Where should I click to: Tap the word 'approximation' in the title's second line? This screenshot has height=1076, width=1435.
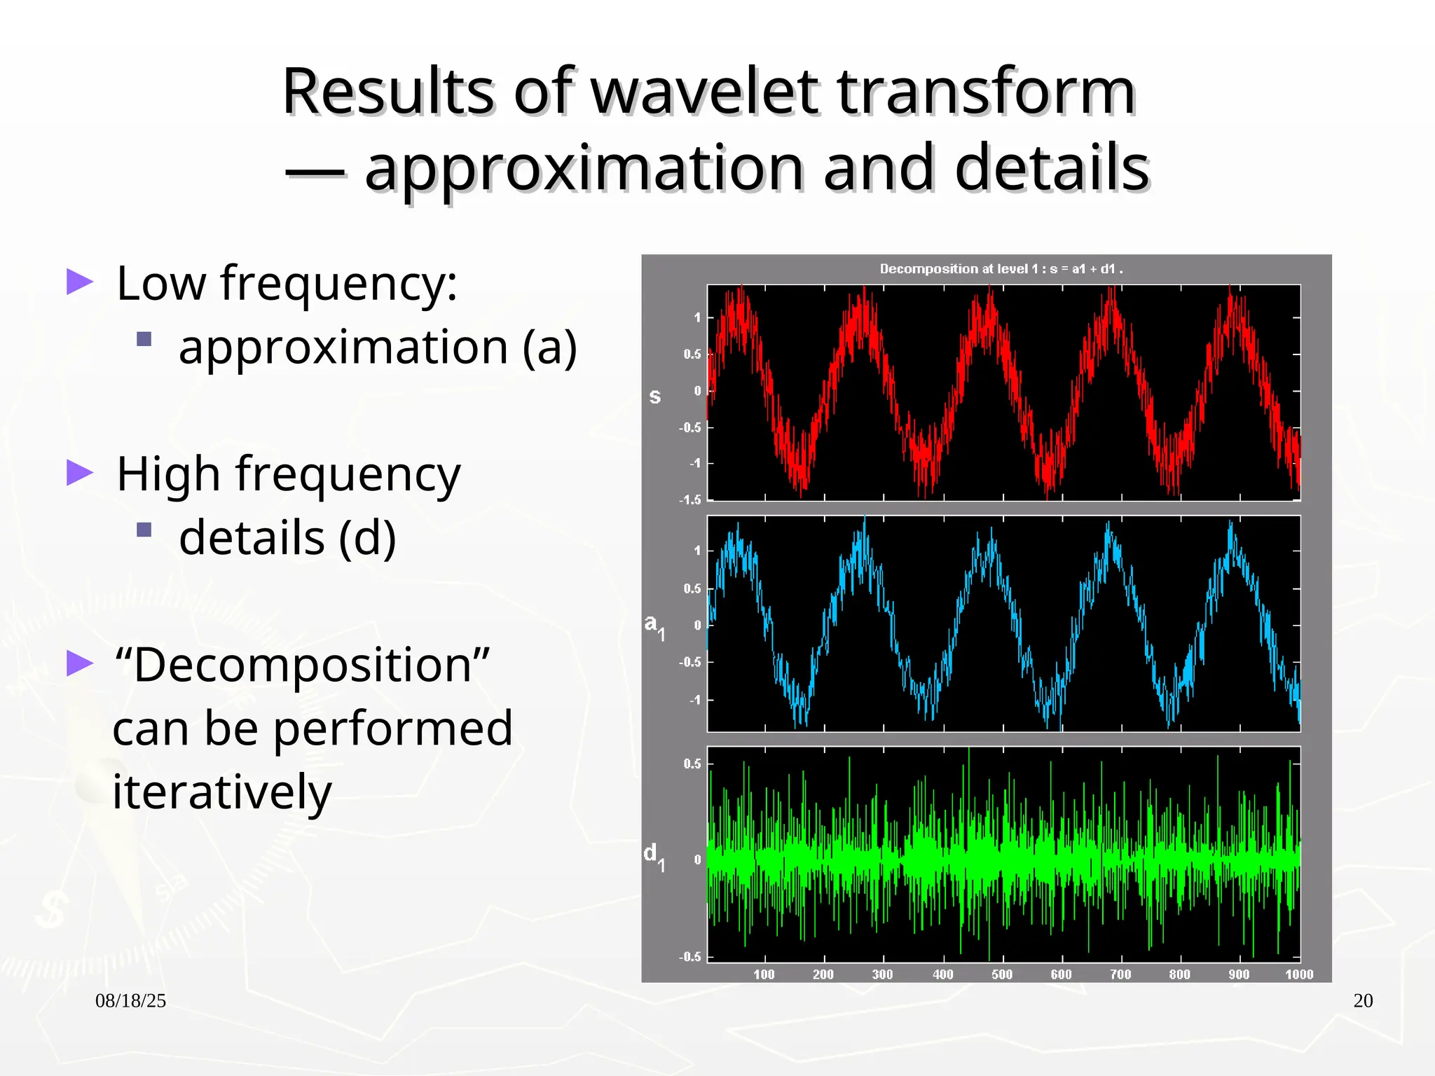583,168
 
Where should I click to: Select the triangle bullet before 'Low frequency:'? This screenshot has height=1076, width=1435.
80,282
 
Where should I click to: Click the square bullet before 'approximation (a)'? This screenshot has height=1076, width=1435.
144,340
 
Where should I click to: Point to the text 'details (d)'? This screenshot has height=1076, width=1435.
287,537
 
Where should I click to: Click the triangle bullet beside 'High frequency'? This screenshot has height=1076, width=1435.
80,473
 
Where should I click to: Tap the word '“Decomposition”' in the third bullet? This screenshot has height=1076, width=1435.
302,664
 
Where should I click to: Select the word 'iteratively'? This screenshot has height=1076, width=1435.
221,792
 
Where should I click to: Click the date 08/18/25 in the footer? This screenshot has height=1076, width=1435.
130,1001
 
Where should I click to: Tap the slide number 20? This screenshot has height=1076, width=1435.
1362,1001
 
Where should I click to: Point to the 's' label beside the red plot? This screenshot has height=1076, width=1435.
654,396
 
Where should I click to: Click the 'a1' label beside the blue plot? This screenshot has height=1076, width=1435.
654,626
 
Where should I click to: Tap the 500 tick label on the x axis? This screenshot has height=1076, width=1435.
1002,974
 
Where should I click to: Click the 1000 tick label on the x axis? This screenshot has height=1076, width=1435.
1298,974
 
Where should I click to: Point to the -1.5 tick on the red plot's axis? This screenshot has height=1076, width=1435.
689,499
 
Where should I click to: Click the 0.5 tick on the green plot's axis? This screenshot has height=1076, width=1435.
692,764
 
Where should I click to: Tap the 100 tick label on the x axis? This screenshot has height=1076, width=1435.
764,974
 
